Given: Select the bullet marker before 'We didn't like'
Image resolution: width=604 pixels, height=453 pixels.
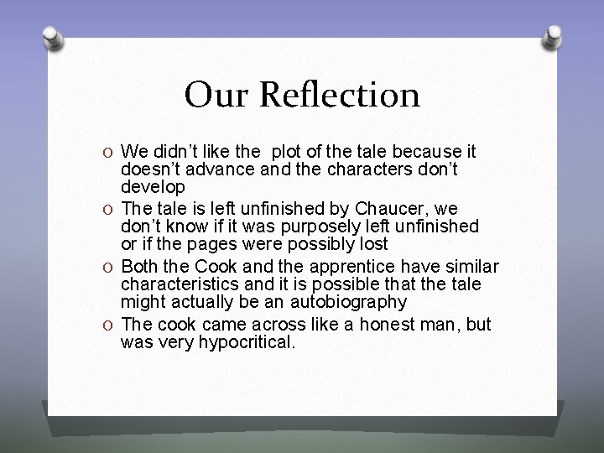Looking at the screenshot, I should [108, 153].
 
